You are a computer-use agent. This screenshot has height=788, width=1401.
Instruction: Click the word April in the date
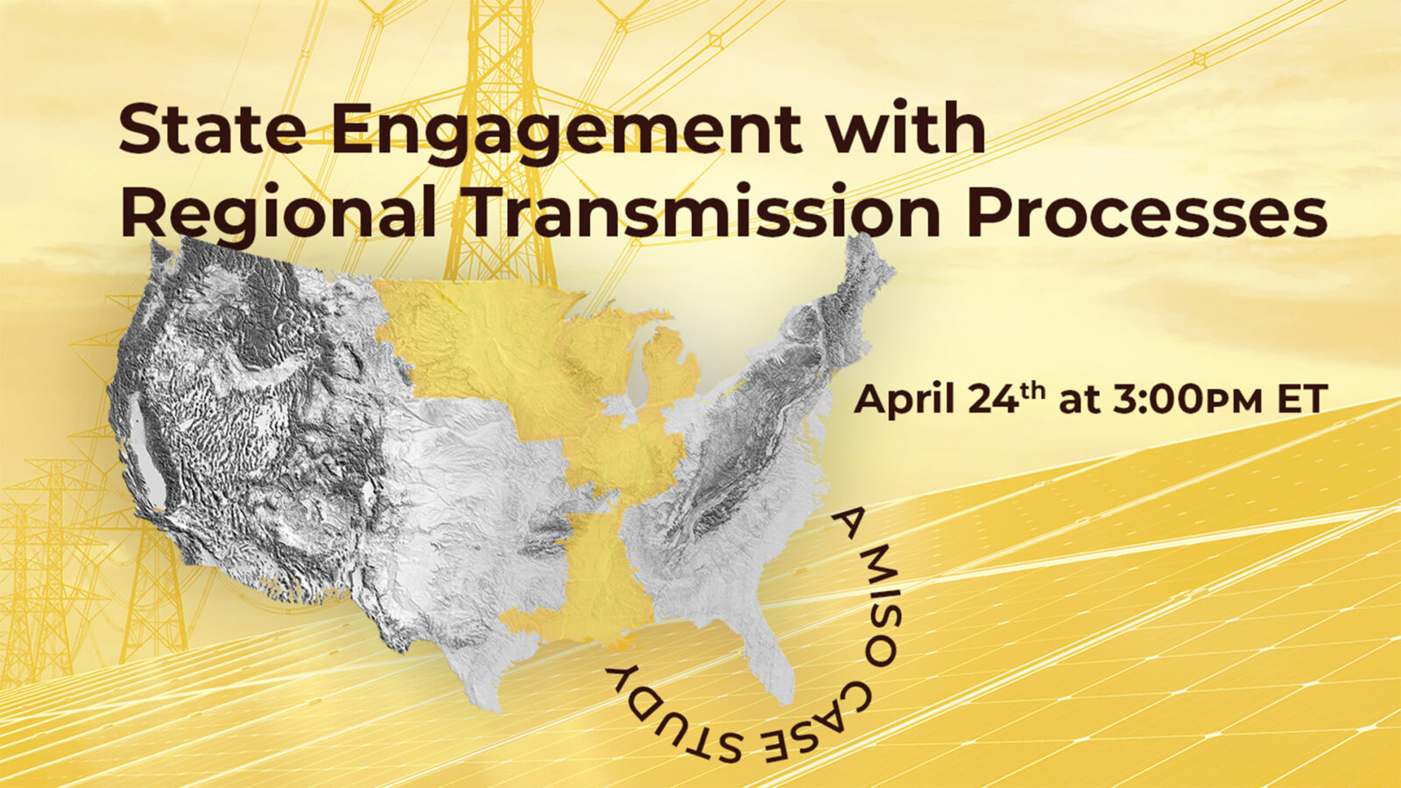(904, 401)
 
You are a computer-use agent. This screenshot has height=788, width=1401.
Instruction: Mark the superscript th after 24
(1033, 390)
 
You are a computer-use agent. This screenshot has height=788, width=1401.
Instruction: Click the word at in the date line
(1079, 401)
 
